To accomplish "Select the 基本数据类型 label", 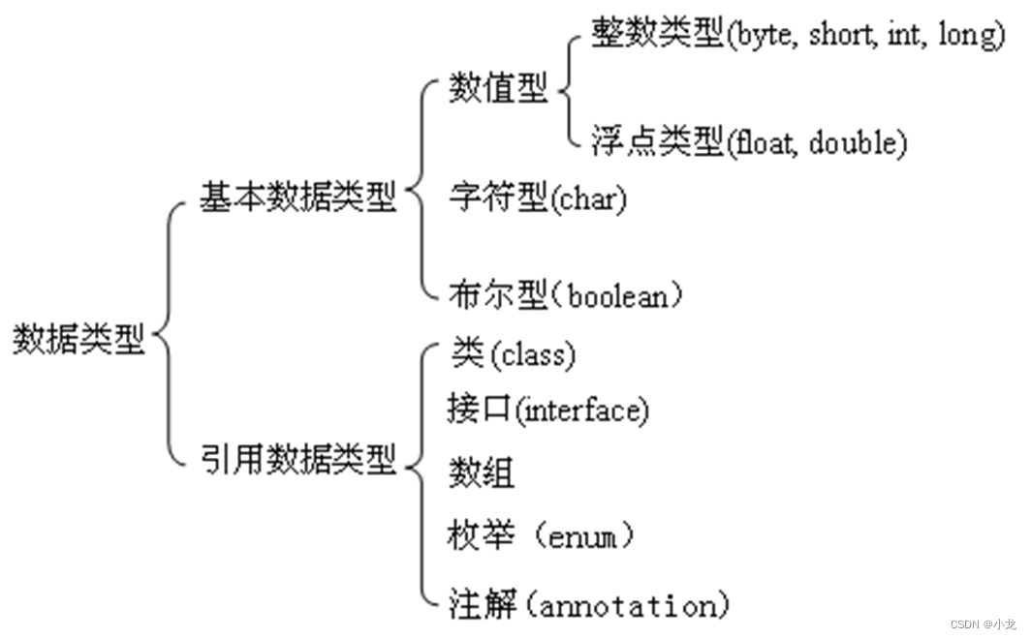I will point(298,198).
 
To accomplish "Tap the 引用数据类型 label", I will point(298,456).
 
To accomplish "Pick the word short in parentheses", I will point(842,36).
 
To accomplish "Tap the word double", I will point(852,143).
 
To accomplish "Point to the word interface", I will point(581,411).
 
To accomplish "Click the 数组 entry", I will point(481,473).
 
